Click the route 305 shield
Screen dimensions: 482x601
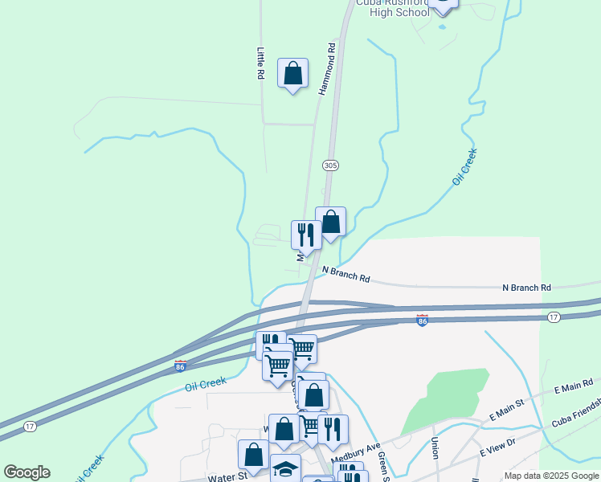pyautogui.click(x=330, y=165)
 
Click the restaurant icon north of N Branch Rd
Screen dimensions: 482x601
pyautogui.click(x=306, y=234)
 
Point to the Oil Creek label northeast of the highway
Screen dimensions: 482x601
pyautogui.click(x=464, y=167)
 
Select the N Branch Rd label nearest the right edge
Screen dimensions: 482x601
pyautogui.click(x=526, y=287)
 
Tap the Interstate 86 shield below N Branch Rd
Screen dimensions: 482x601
pyautogui.click(x=422, y=321)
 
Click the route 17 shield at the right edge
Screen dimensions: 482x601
pyautogui.click(x=553, y=318)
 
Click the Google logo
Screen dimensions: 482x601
pyautogui.click(x=27, y=472)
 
